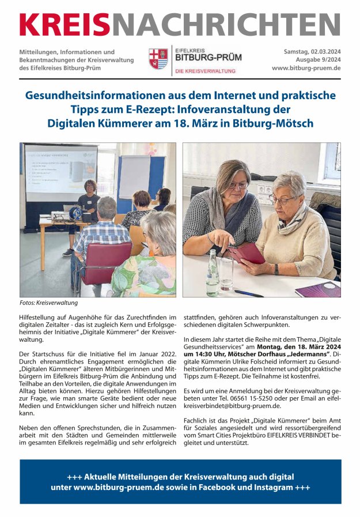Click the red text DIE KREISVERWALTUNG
coord(205,71)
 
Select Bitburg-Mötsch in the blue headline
coord(274,123)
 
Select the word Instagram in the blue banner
coord(280,488)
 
